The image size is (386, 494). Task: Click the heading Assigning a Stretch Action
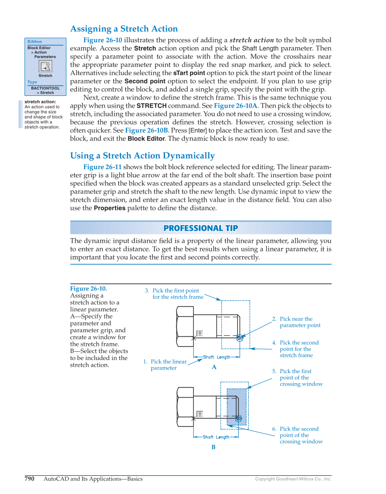click(x=124, y=29)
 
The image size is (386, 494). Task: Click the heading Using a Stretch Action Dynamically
click(x=142, y=156)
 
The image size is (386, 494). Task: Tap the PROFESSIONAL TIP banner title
click(x=201, y=228)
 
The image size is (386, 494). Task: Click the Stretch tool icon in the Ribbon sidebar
click(x=45, y=66)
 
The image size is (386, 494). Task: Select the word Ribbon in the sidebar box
click(x=35, y=42)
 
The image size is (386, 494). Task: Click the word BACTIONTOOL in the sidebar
click(x=45, y=88)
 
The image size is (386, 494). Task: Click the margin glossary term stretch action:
click(x=40, y=102)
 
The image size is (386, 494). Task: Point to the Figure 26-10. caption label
click(x=88, y=289)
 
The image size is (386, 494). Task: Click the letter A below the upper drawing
click(x=214, y=367)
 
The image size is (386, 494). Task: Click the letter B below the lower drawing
click(x=213, y=447)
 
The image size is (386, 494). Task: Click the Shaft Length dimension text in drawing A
click(x=216, y=357)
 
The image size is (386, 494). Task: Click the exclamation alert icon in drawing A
click(x=200, y=333)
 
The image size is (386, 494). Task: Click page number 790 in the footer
click(x=30, y=479)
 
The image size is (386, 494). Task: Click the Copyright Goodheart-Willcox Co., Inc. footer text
click(x=293, y=479)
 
